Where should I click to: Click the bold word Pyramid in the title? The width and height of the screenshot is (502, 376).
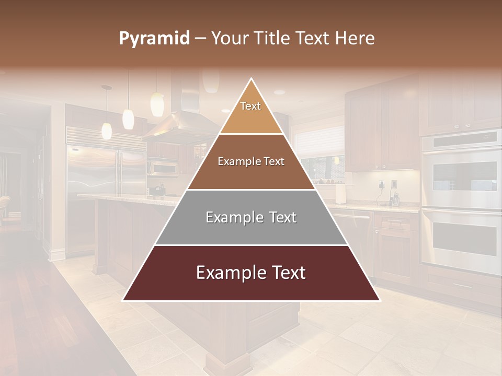(x=154, y=38)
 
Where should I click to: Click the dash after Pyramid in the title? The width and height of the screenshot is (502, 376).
(x=200, y=38)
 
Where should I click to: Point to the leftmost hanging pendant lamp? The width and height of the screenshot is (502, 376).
(x=107, y=131)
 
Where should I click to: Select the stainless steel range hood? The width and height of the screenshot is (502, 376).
(x=178, y=125)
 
